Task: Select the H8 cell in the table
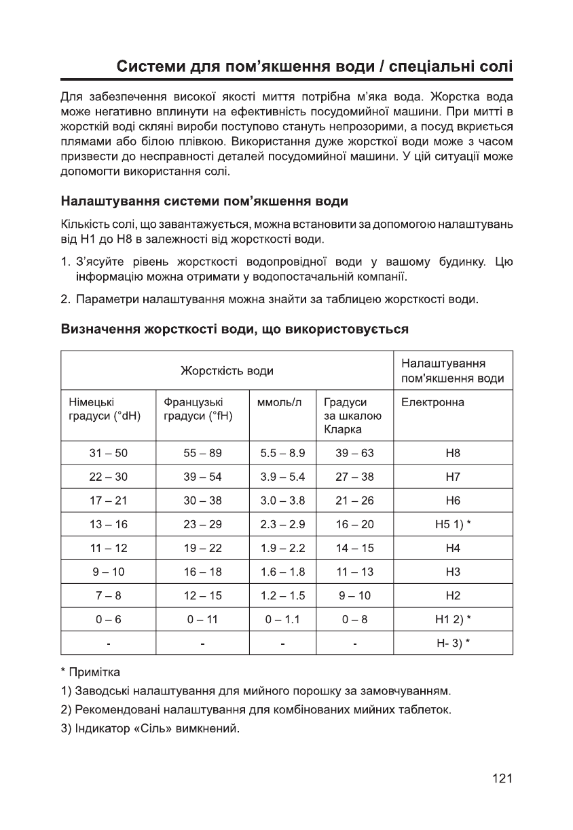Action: (453, 453)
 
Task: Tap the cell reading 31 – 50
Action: (109, 453)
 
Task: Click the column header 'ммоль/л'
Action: (279, 402)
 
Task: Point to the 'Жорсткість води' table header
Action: (227, 370)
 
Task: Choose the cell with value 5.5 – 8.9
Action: (282, 453)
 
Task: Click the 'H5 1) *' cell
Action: (453, 524)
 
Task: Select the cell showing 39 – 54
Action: (202, 477)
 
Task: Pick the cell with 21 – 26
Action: (354, 500)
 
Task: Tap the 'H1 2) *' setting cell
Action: (453, 619)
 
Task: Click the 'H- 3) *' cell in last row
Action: (453, 643)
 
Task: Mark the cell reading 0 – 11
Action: (202, 619)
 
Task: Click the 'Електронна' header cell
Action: (433, 402)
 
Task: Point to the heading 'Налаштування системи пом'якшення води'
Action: (205, 201)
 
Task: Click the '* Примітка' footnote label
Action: (90, 672)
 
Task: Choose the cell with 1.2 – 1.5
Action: (282, 595)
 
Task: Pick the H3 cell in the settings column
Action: (453, 572)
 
